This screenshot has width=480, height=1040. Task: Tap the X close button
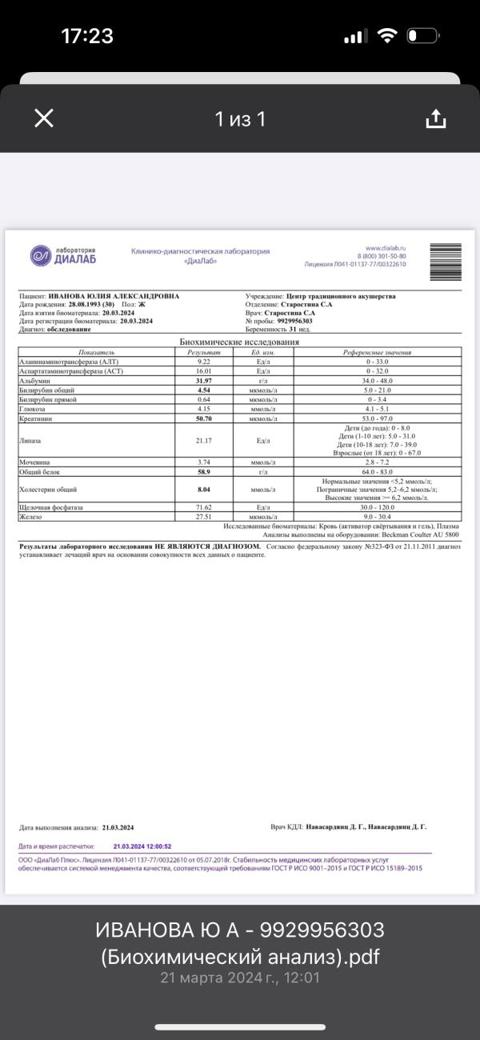(44, 118)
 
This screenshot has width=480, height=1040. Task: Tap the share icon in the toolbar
(435, 118)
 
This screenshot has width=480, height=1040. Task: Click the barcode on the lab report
(446, 262)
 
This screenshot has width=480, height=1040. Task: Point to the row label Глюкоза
(33, 409)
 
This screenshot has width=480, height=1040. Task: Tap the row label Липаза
(30, 440)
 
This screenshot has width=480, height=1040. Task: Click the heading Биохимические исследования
(240, 342)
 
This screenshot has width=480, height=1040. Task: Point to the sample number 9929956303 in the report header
(295, 321)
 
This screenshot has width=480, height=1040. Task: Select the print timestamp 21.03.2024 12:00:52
(142, 846)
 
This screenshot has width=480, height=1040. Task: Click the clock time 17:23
(87, 36)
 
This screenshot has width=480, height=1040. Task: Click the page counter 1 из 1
(240, 119)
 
